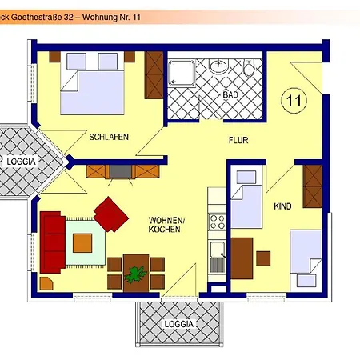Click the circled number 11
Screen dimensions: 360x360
point(294,100)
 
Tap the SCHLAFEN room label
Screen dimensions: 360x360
point(110,137)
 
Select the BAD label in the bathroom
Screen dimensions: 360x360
point(231,95)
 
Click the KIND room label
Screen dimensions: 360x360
point(282,206)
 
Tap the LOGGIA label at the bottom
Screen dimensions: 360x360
point(178,324)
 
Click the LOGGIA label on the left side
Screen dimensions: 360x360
point(21,162)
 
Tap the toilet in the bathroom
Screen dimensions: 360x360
point(250,70)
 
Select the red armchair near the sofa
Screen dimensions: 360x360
point(111,214)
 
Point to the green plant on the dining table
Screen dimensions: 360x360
point(135,274)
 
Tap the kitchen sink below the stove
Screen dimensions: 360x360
point(216,260)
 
